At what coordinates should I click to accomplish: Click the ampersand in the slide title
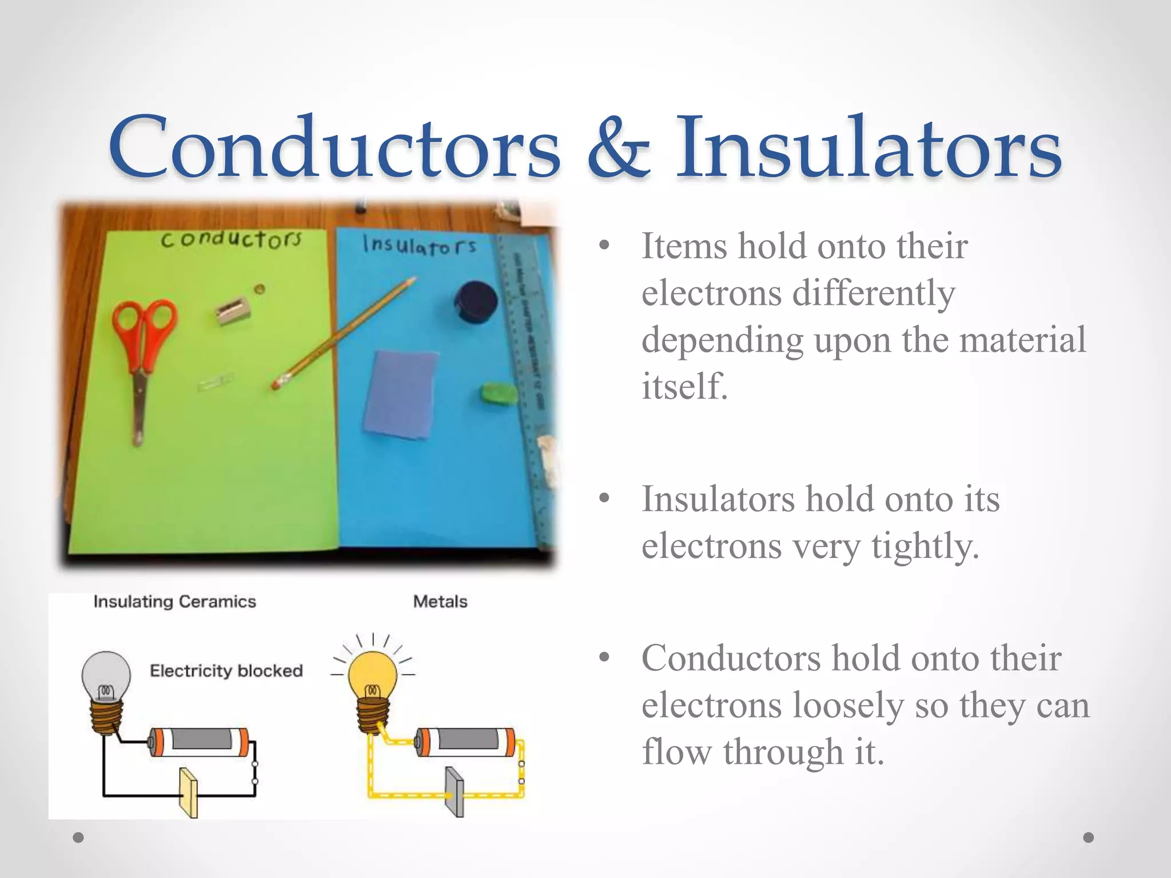click(x=618, y=147)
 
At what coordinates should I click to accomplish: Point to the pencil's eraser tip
click(x=277, y=382)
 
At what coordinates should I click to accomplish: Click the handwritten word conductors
click(x=230, y=239)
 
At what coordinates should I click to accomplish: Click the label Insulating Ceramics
click(x=174, y=601)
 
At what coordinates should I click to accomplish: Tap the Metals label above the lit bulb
click(x=440, y=601)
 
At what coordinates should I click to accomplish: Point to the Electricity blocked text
click(x=226, y=671)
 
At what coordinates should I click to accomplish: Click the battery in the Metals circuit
click(x=464, y=742)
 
